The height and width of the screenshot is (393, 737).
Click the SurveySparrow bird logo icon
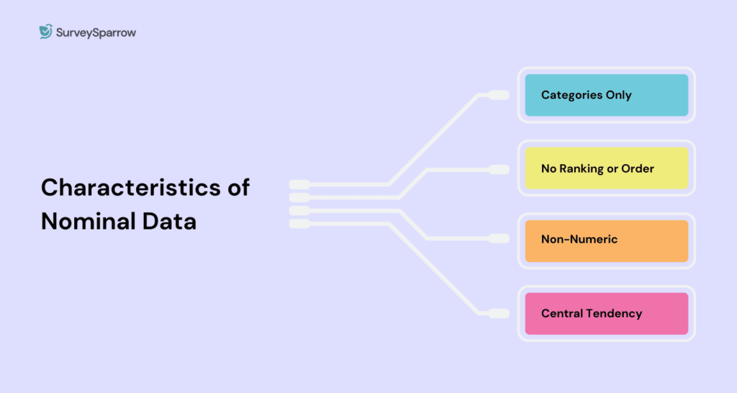click(x=46, y=32)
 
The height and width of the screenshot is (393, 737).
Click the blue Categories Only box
click(x=606, y=95)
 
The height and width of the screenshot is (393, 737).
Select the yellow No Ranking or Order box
click(x=606, y=168)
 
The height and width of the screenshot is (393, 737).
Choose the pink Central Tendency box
click(x=606, y=313)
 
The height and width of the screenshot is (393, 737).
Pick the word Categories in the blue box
click(x=572, y=95)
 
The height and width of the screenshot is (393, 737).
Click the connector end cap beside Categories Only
click(x=499, y=95)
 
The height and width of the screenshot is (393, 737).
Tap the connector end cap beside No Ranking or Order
click(x=499, y=170)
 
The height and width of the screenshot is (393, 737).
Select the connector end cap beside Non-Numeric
click(x=499, y=238)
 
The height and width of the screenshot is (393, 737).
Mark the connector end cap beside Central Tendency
click(x=499, y=313)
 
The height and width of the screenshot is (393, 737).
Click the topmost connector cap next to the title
click(x=299, y=184)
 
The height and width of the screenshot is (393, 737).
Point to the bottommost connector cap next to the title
click(x=299, y=224)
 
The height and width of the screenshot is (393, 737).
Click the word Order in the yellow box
click(x=638, y=168)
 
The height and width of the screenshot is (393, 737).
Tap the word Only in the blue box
click(x=618, y=95)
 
